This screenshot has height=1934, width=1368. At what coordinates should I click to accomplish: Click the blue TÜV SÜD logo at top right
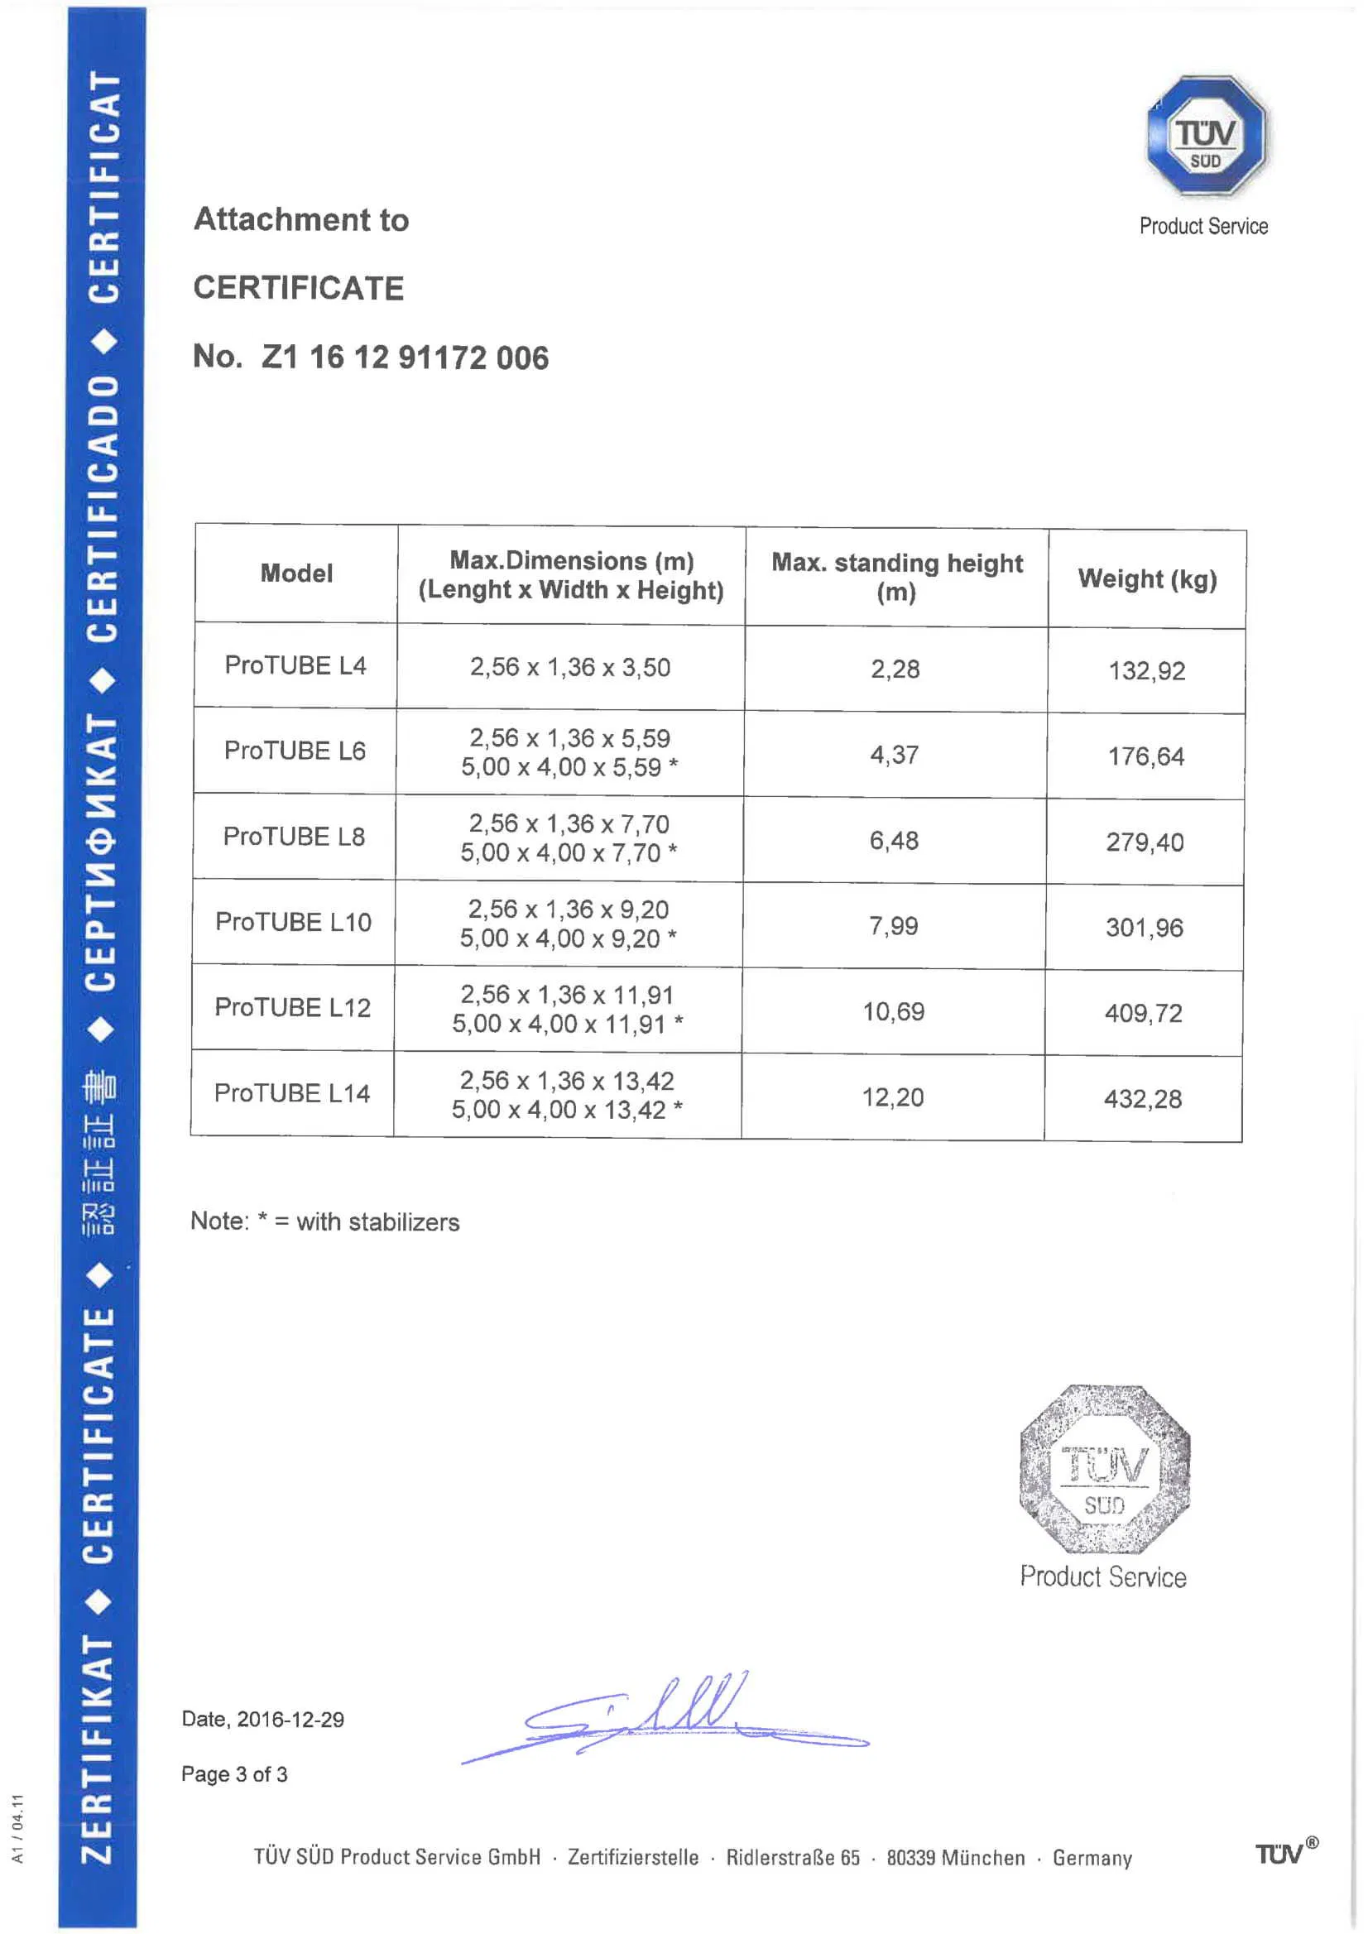click(1206, 137)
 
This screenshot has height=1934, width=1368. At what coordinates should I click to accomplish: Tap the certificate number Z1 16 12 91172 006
click(405, 358)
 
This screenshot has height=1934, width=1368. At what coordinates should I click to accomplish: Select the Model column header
click(296, 573)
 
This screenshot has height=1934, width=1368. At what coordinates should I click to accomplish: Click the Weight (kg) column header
click(1146, 579)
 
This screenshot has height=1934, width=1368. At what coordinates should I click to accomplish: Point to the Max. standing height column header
click(896, 577)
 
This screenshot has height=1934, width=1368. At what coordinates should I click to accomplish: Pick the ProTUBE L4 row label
click(295, 665)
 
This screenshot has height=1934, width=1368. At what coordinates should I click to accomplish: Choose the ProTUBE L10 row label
click(293, 923)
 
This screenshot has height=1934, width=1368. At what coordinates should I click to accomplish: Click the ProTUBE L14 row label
click(291, 1093)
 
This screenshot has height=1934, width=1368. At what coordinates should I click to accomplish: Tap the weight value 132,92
click(1146, 671)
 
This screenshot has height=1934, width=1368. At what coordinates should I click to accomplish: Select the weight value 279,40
click(1145, 842)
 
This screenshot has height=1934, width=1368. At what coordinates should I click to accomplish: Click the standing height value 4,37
click(895, 755)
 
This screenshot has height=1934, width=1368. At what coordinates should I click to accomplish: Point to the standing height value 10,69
click(893, 1011)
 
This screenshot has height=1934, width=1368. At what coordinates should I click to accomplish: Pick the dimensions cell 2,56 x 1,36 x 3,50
click(570, 668)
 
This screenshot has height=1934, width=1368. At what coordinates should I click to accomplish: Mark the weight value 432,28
click(1143, 1099)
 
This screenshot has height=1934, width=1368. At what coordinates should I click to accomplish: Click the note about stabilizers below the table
click(325, 1222)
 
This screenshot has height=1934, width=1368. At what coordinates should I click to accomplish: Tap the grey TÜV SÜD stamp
click(1104, 1469)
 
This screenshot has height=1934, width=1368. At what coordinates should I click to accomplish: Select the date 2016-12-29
click(290, 1720)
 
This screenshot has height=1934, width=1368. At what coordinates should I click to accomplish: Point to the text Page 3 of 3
click(234, 1775)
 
